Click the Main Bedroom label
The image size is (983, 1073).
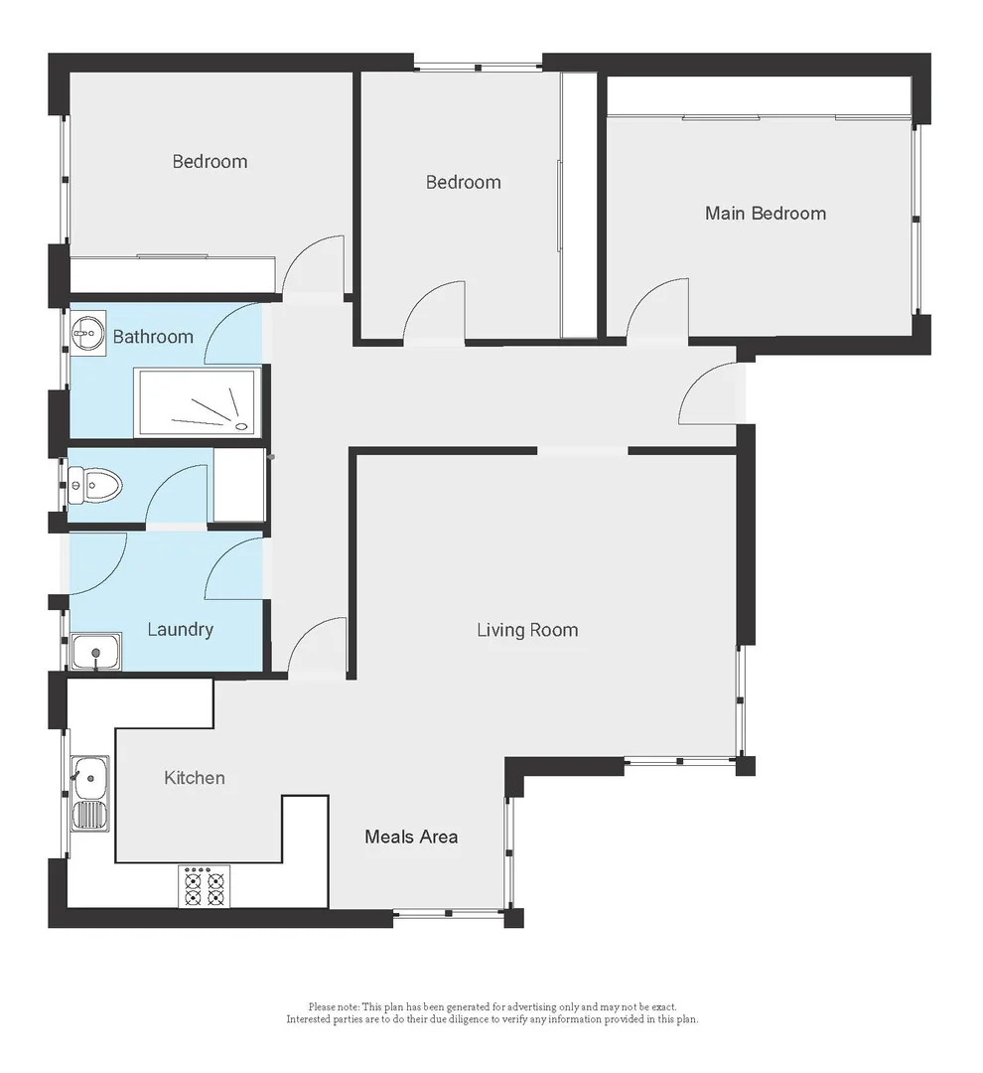765,214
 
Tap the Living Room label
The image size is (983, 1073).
526,630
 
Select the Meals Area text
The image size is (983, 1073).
411,837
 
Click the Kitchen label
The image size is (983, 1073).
195,778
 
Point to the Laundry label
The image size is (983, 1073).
180,630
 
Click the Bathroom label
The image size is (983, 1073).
153,337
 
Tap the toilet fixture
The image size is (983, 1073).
97,486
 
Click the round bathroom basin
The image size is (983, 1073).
89,331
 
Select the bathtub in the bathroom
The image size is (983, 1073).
199,403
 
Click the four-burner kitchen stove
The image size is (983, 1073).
205,886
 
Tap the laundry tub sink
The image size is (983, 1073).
96,652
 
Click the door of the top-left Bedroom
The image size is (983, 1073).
316,265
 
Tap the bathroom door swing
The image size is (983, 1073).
235,333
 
